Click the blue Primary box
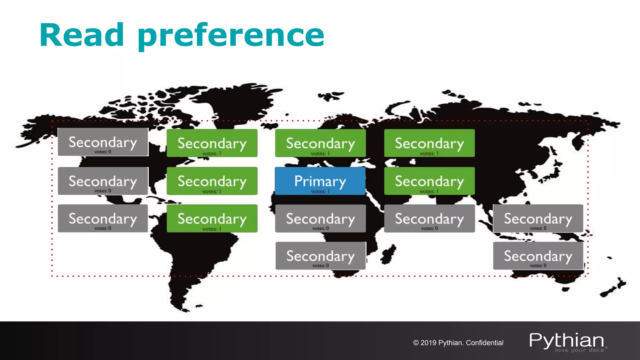[320, 181]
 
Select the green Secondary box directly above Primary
[320, 143]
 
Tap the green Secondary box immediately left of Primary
[212, 181]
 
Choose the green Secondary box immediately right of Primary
[429, 181]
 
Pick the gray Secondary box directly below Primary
[320, 218]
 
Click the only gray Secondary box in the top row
[103, 142]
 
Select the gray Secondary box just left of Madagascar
[320, 256]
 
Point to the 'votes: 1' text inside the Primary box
[320, 191]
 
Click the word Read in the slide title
[82, 35]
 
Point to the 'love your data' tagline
[579, 350]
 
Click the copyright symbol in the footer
[416, 343]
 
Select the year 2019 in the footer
[428, 343]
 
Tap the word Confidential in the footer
[484, 343]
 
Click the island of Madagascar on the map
[389, 253]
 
